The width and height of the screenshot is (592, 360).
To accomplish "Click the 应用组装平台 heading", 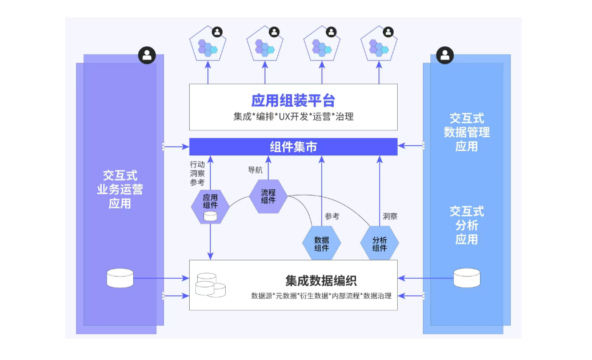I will (293, 101).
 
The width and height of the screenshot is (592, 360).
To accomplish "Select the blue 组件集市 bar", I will (293, 147).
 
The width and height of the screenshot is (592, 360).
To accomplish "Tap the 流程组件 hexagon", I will (268, 196).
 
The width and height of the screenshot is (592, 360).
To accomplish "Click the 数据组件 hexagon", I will (321, 243).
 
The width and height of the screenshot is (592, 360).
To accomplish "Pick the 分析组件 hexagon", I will (379, 243).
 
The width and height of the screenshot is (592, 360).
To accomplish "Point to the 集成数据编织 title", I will (321, 281).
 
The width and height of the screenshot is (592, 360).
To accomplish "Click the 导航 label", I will (255, 170).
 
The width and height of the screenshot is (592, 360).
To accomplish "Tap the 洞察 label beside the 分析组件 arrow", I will (390, 216).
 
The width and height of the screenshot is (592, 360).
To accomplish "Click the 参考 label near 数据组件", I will (332, 216).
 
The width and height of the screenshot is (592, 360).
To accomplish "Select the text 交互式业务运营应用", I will (119, 189).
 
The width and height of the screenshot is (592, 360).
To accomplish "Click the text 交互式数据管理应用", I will (466, 132).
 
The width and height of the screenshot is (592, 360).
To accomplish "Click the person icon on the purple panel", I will (147, 55).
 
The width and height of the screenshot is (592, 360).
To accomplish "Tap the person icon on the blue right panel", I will (445, 55).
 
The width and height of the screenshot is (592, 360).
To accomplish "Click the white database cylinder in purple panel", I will (120, 278).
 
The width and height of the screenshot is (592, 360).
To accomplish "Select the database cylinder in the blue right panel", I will (467, 278).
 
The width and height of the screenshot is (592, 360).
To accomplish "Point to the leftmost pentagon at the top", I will (208, 44).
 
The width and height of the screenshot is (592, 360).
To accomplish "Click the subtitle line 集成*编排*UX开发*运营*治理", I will (293, 117).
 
